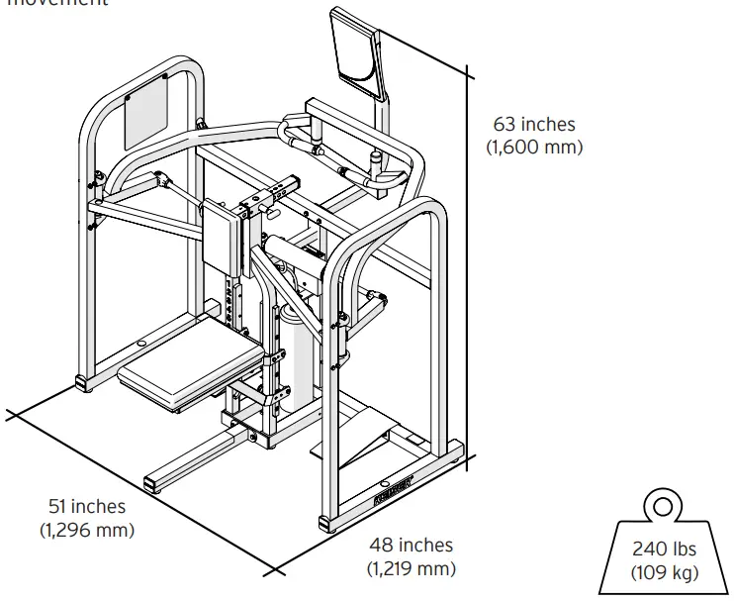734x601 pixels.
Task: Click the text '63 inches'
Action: (534, 125)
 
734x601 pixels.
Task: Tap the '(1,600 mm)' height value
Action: (534, 147)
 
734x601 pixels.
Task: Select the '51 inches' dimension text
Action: (87, 506)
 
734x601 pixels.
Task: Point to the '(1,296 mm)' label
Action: (87, 529)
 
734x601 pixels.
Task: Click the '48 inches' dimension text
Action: (412, 545)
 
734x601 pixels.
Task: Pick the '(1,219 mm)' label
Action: (412, 568)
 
